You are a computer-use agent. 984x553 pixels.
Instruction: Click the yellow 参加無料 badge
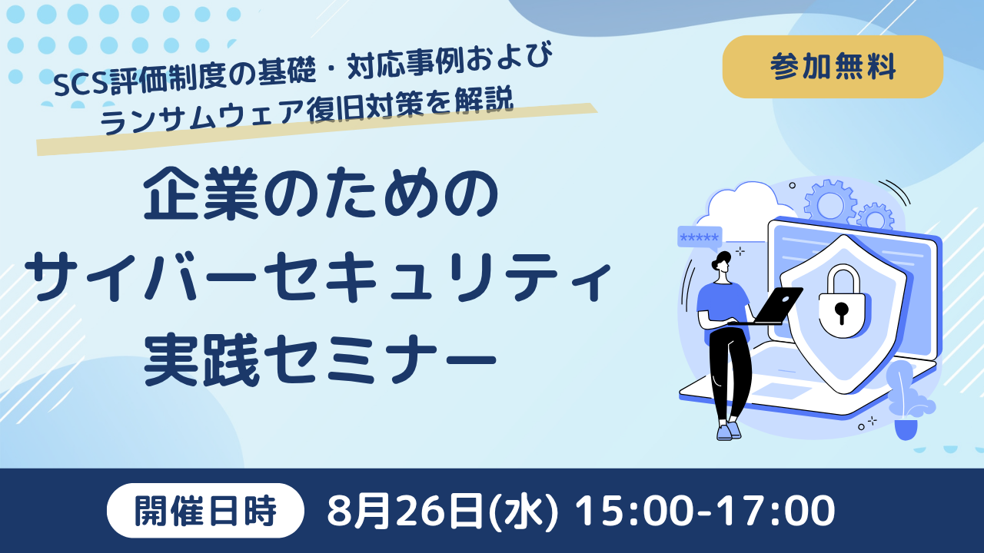pyautogui.click(x=833, y=67)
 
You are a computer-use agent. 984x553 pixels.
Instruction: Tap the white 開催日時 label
pyautogui.click(x=205, y=511)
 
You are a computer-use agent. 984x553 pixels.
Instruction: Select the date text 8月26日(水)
pyautogui.click(x=442, y=511)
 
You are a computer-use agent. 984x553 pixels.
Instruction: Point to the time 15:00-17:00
pyautogui.click(x=705, y=511)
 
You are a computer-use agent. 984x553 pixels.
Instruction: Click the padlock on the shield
pyautogui.click(x=842, y=302)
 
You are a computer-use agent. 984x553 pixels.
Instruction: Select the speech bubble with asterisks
pyautogui.click(x=700, y=238)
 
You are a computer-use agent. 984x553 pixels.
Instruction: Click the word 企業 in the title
pyautogui.click(x=201, y=193)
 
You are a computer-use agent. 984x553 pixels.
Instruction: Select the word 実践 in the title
pyautogui.click(x=201, y=360)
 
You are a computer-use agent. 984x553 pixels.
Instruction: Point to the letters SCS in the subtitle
pyautogui.click(x=81, y=84)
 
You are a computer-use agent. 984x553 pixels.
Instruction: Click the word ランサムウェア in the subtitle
pyautogui.click(x=201, y=116)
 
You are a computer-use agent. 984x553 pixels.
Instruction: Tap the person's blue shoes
pyautogui.click(x=729, y=431)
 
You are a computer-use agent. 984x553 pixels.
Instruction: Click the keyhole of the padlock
pyautogui.click(x=842, y=312)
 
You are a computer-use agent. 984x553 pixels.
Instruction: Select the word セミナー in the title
pyautogui.click(x=381, y=361)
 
